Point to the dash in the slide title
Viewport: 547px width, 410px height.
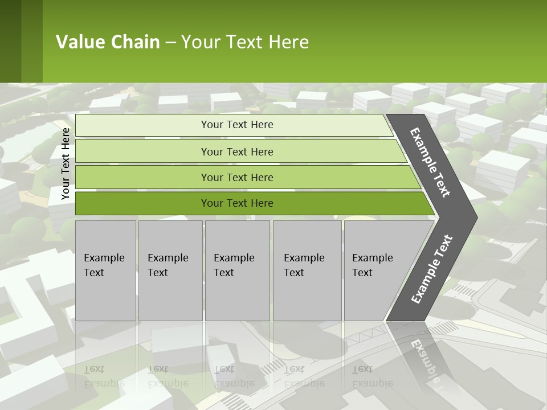click(170, 43)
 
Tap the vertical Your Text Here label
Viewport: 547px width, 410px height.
click(66, 163)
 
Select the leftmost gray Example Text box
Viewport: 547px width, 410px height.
click(105, 270)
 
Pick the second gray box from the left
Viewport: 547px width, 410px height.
click(170, 270)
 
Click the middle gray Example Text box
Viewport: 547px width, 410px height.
click(237, 270)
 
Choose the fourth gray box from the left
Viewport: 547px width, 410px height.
click(307, 270)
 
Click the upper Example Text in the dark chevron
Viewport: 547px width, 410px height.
click(430, 162)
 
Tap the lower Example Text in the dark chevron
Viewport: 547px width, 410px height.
click(432, 269)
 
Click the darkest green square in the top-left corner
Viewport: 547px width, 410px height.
click(10, 41)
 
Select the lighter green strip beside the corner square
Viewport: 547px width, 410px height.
click(32, 41)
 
